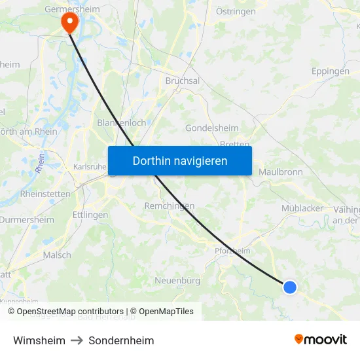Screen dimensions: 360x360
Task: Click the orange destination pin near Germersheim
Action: tap(69, 22)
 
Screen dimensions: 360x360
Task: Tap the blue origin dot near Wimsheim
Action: tap(289, 287)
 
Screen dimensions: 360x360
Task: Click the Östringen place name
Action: tap(236, 11)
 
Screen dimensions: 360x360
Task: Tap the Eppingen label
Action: tap(330, 71)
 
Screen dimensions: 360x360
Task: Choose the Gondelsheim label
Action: tap(211, 128)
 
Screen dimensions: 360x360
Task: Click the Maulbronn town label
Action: tap(280, 171)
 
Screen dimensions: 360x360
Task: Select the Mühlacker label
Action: tap(302, 207)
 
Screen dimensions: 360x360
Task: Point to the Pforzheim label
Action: tap(232, 251)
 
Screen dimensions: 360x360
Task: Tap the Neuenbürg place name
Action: tap(177, 280)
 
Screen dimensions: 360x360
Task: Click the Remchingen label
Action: tap(169, 205)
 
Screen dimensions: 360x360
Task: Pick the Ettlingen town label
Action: tap(90, 214)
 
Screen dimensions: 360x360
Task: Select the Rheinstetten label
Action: tap(45, 194)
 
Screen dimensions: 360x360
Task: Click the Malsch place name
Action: tap(57, 255)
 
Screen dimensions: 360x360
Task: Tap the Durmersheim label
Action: tap(27, 220)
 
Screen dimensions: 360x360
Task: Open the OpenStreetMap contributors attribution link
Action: tap(70, 312)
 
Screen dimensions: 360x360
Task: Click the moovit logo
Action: tap(321, 339)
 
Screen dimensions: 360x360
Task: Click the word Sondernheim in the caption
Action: tap(121, 340)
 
